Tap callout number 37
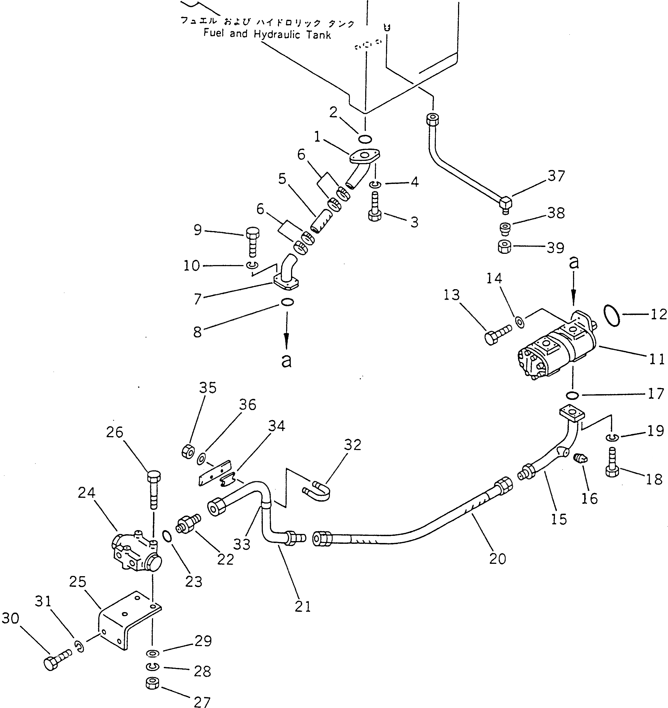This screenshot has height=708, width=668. point(556,176)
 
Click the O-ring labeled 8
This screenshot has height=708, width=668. point(287,302)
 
